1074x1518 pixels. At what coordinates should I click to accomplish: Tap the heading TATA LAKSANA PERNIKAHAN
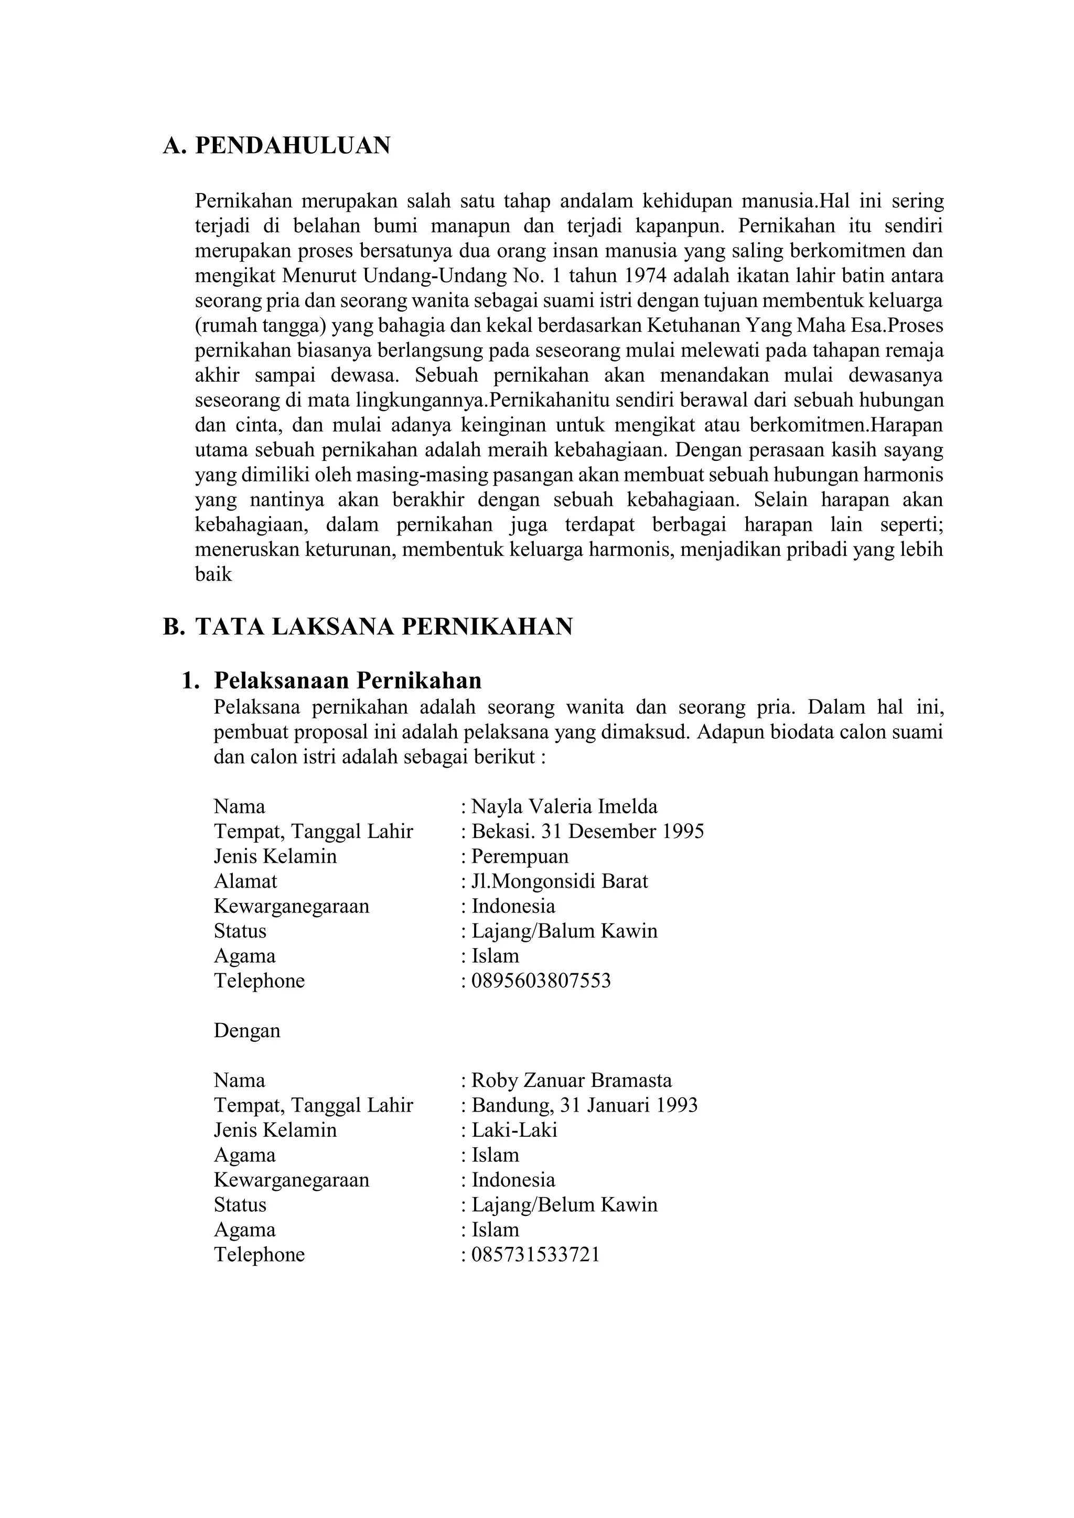383,626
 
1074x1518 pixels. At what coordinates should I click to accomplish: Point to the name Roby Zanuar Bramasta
572,1080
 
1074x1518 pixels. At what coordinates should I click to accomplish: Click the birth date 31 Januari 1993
628,1105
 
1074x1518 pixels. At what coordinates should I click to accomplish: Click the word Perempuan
520,856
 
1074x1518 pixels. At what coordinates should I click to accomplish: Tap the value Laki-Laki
514,1130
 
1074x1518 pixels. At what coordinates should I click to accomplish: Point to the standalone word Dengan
246,1031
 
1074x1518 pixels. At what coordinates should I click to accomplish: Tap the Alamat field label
245,881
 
